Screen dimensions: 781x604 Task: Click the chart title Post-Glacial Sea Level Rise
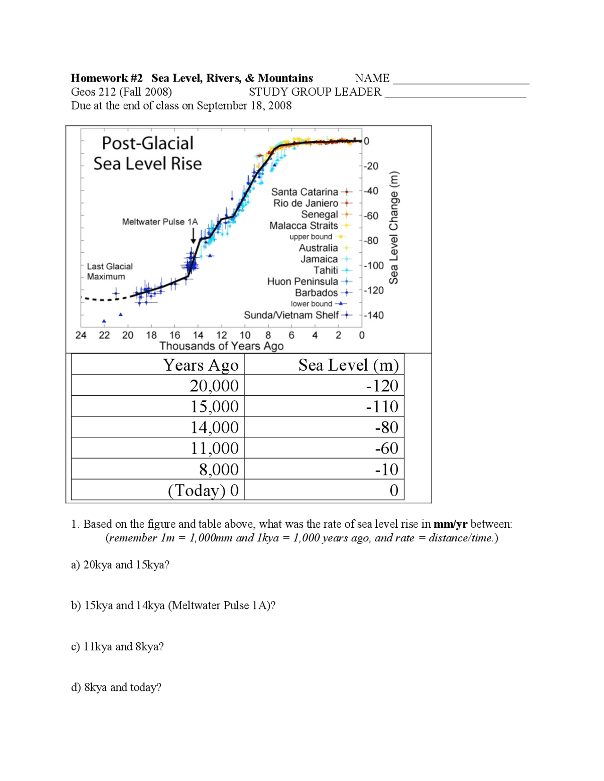[147, 153]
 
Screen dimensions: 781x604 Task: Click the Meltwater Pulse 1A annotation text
[159, 222]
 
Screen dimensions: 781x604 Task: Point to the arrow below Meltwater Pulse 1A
[193, 235]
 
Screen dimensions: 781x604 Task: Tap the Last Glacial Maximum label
[109, 272]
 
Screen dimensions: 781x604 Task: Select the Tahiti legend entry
[326, 270]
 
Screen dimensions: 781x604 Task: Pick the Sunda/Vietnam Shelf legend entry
[291, 315]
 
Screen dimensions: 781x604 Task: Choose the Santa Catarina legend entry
[304, 192]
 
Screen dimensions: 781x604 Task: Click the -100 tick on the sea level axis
[374, 266]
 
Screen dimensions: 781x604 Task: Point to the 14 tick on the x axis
[198, 335]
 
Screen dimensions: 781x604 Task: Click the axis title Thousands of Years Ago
[221, 346]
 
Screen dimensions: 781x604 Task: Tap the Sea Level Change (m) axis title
[394, 227]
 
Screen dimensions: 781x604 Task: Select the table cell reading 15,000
[214, 407]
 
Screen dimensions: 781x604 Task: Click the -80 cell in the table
[386, 427]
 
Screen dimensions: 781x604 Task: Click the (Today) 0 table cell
[203, 490]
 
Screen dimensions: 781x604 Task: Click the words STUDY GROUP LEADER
[315, 92]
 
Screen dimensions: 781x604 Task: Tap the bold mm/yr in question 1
[450, 524]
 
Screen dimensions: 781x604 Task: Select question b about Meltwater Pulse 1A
[173, 606]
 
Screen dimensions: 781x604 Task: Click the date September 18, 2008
[244, 106]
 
